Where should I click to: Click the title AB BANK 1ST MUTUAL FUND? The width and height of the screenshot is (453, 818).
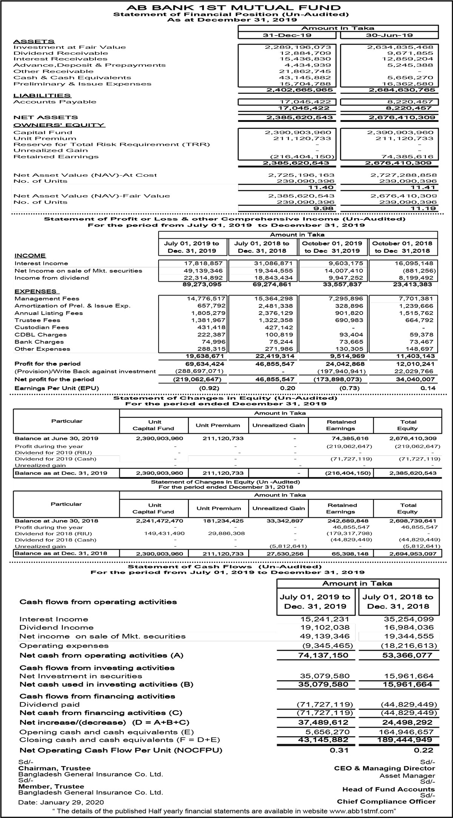(x=234, y=8)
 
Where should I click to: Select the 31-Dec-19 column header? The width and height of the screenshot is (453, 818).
(x=287, y=35)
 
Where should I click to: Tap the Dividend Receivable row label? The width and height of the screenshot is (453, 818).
(x=60, y=53)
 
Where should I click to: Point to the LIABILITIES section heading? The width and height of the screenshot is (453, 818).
(x=42, y=96)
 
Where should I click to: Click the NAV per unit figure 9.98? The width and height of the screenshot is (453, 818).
(x=326, y=208)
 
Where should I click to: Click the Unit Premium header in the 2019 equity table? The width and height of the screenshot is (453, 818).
(x=218, y=425)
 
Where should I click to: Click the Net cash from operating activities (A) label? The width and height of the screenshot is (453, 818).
(x=101, y=655)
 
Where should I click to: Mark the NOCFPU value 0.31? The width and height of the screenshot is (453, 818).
(x=339, y=750)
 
